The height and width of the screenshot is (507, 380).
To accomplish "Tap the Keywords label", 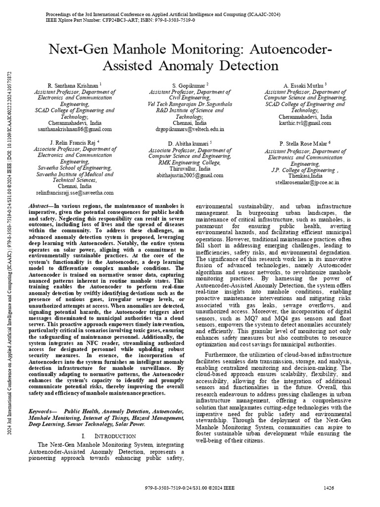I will tap(41, 411).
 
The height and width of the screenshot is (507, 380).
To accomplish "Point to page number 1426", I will tap(329, 488).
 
